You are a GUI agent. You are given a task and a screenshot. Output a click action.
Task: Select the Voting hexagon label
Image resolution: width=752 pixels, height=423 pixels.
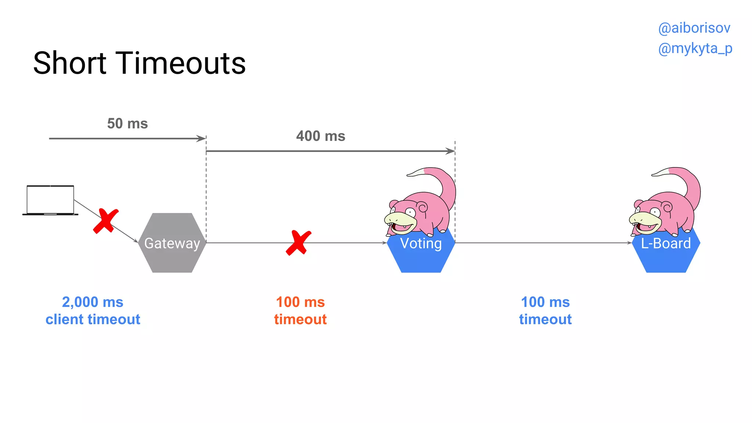(x=421, y=243)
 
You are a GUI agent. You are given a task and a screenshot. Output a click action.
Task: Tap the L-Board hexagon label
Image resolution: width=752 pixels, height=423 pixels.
(x=666, y=243)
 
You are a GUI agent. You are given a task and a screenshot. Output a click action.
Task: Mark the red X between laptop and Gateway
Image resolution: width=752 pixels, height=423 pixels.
(x=106, y=221)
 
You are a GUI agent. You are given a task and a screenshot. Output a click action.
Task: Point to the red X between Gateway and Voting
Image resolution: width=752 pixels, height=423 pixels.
(x=298, y=243)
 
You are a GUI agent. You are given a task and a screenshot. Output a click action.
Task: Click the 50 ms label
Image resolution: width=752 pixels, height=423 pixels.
(x=127, y=124)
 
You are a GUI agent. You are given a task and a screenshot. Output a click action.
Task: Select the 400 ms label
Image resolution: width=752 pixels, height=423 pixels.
(x=321, y=136)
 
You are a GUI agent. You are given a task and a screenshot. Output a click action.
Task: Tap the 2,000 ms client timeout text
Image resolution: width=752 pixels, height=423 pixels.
(x=93, y=311)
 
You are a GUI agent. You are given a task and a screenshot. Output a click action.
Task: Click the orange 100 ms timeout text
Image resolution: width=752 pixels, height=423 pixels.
(x=300, y=311)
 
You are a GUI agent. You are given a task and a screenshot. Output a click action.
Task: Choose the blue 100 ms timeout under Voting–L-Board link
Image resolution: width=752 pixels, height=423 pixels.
(x=545, y=311)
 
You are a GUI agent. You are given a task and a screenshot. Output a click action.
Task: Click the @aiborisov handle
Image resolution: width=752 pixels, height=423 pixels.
(x=694, y=28)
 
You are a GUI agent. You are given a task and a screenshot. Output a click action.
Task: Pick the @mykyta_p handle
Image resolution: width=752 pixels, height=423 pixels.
(x=695, y=48)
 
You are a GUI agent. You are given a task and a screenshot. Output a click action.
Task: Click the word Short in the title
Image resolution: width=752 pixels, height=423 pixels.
(x=70, y=63)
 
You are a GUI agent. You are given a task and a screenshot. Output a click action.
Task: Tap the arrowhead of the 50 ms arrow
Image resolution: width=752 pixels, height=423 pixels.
(x=202, y=138)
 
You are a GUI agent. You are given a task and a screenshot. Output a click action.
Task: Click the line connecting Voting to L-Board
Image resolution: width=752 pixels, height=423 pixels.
(x=543, y=243)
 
